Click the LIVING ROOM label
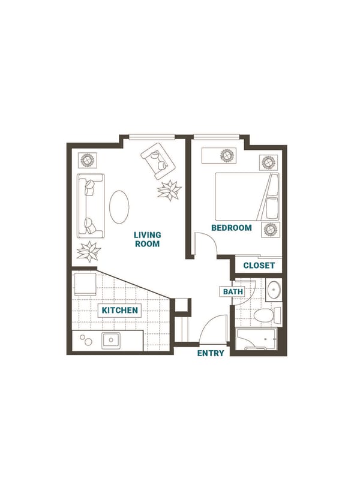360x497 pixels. tap(147, 239)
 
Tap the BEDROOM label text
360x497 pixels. tap(232, 228)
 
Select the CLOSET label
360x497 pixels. tap(259, 266)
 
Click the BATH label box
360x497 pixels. tap(233, 291)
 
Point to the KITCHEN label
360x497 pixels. tap(120, 310)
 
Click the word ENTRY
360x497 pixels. tap(211, 353)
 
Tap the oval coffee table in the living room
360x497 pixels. tap(119, 207)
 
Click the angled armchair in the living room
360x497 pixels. tap(158, 161)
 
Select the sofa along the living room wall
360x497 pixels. tap(91, 206)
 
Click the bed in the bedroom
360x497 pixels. tap(247, 197)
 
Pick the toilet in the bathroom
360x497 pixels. tap(267, 316)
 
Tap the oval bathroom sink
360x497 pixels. tap(274, 290)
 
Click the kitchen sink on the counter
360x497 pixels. tap(111, 341)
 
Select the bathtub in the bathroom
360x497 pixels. tap(256, 339)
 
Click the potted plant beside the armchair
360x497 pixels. tap(169, 190)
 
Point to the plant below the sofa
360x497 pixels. tap(89, 252)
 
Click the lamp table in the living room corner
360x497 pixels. tap(87, 161)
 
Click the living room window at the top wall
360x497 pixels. tap(152, 137)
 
